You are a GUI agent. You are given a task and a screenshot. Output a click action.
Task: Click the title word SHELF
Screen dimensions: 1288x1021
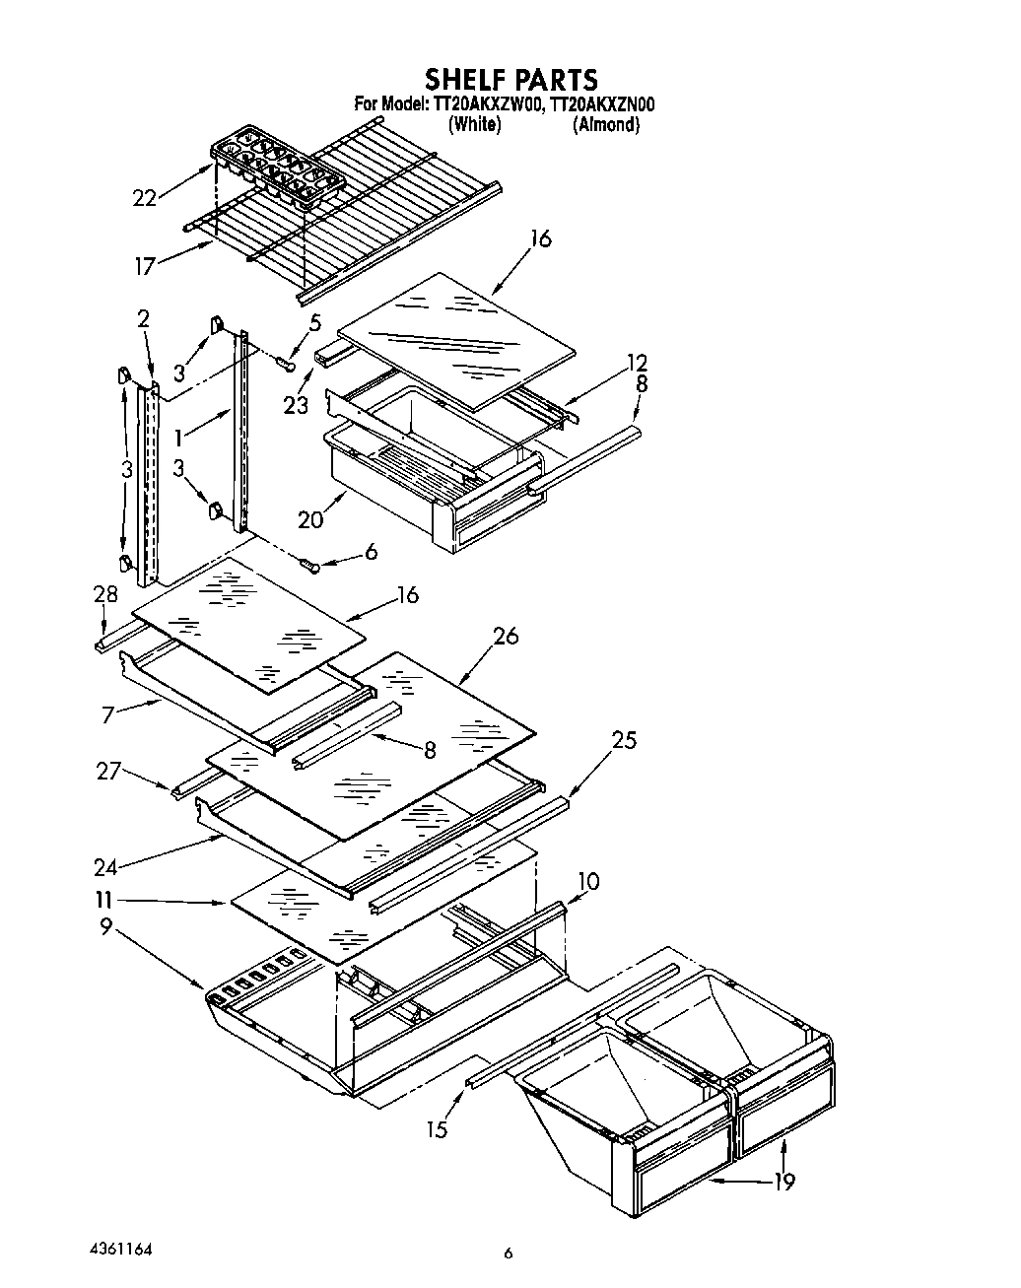tap(469, 79)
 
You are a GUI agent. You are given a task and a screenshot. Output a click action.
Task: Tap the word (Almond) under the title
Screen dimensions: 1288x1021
tap(606, 125)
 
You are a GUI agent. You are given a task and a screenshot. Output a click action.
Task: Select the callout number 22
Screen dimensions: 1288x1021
tap(145, 198)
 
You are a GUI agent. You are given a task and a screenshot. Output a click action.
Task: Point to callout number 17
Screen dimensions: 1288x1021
tap(145, 264)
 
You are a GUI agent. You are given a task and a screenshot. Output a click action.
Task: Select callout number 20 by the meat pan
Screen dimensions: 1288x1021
tap(309, 518)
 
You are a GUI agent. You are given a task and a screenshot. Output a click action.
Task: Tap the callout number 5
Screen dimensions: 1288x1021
tap(314, 321)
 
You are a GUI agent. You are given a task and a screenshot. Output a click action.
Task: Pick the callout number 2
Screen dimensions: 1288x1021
tap(143, 318)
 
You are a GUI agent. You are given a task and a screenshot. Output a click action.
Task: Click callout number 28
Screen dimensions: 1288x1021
tap(105, 594)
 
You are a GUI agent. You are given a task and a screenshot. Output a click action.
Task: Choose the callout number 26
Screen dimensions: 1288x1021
tap(506, 636)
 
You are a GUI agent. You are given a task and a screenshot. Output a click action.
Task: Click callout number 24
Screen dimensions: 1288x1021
tap(105, 867)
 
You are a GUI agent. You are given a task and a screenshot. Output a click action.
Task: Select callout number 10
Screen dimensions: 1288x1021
tap(587, 881)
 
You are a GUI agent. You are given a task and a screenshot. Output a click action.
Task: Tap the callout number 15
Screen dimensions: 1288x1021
tap(436, 1129)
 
